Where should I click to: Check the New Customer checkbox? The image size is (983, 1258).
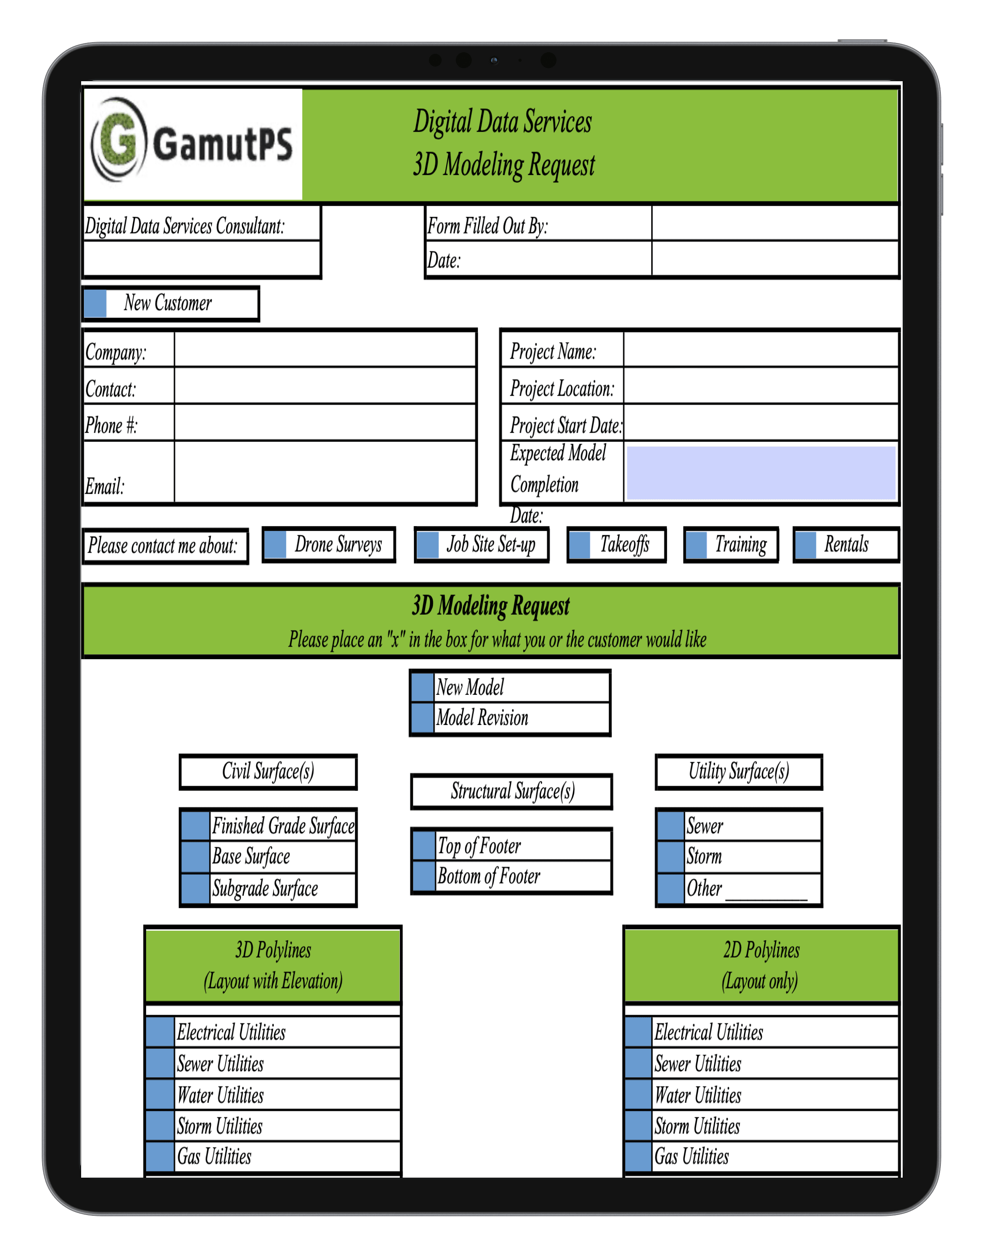pos(95,304)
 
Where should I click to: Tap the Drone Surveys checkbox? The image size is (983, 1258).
pos(275,544)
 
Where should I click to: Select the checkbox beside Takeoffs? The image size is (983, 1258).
pos(579,544)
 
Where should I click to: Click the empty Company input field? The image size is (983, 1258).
pos(325,349)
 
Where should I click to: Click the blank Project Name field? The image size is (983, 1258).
pos(760,349)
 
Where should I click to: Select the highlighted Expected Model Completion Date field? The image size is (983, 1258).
pos(760,472)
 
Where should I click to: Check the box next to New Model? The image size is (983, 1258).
pos(423,687)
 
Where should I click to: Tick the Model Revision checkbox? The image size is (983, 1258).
pos(423,718)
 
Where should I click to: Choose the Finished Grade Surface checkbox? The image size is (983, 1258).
pos(195,825)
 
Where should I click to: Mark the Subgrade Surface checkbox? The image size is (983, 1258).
pos(195,888)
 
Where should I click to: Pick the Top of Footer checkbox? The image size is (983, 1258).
pos(424,845)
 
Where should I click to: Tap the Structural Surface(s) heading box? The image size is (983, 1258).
pos(511,791)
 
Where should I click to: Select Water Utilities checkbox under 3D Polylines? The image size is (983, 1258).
pos(160,1095)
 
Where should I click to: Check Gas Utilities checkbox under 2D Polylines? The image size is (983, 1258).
pos(638,1156)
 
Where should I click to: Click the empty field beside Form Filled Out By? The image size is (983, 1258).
pos(775,224)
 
